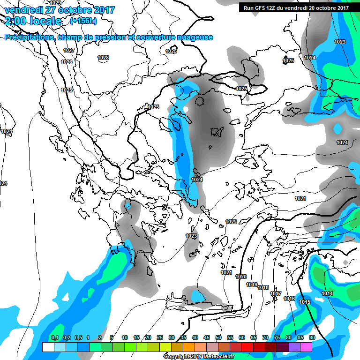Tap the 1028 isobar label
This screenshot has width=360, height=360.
tap(103, 58)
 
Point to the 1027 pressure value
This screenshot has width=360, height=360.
tap(69, 50)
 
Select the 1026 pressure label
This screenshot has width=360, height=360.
tap(67, 62)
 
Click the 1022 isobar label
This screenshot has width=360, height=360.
tap(231, 222)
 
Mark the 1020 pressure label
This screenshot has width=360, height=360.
tap(241, 277)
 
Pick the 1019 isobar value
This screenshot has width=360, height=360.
tap(252, 285)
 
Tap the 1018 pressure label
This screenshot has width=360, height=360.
tap(263, 287)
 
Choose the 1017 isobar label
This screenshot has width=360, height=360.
tap(276, 293)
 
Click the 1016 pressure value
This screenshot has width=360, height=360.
tap(289, 299)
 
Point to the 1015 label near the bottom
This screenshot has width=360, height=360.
tap(305, 301)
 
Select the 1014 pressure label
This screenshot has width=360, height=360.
tap(327, 293)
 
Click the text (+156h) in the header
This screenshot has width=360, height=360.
tap(84, 21)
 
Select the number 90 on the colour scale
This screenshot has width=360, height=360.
tap(312, 337)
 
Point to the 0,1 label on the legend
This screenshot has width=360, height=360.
tap(55, 337)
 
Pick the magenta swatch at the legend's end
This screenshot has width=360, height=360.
tap(306, 347)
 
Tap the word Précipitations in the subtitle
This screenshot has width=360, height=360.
tap(30, 37)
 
